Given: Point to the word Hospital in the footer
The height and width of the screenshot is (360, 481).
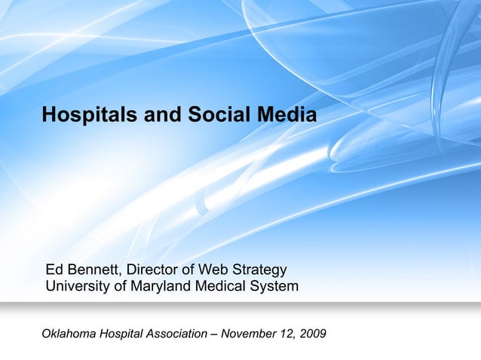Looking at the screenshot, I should [x=123, y=334].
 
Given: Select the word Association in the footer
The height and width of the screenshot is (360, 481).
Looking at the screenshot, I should [x=179, y=334].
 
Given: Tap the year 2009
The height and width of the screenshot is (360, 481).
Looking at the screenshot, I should [x=313, y=334].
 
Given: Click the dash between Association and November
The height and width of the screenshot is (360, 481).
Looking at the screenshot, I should [x=216, y=334].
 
